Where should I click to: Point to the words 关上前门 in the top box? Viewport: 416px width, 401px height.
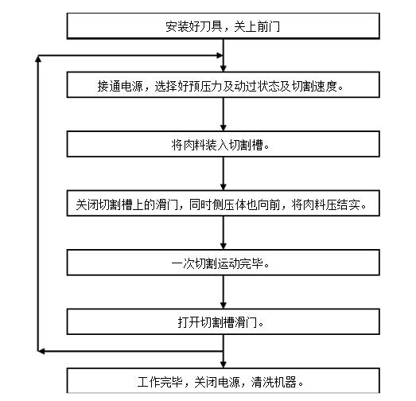coord(255,26)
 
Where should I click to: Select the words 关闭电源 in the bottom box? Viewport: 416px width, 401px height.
coord(228,380)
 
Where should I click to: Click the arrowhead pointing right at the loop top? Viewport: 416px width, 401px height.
coord(218,56)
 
